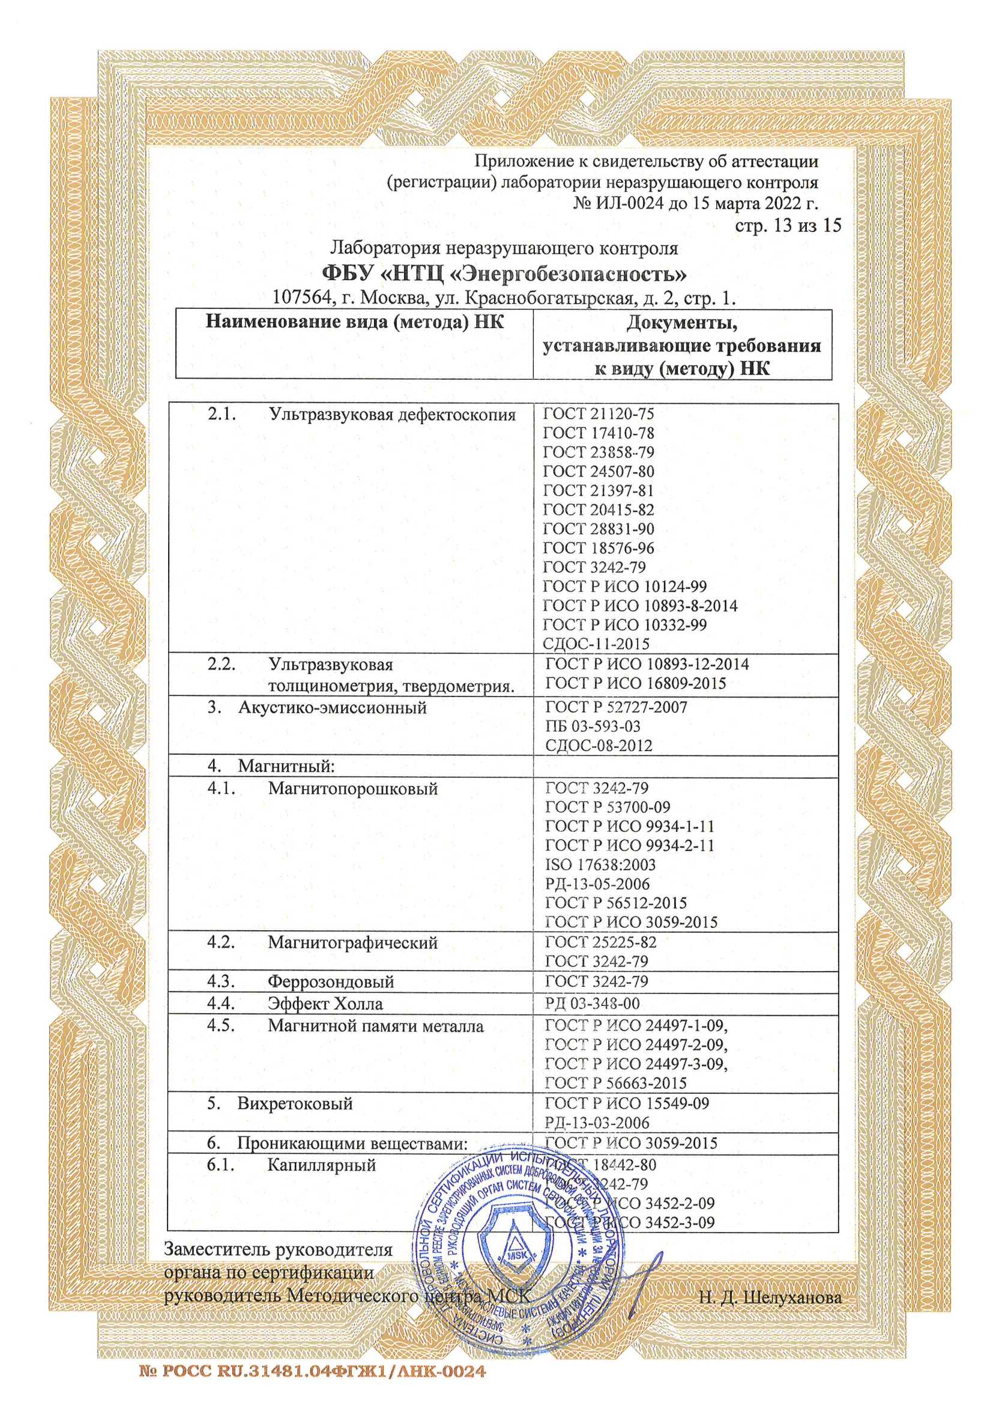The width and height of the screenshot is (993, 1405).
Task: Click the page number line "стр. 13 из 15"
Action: point(788,226)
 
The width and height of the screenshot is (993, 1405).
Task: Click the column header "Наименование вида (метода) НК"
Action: point(355,323)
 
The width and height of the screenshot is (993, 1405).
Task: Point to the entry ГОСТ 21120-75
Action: point(598,414)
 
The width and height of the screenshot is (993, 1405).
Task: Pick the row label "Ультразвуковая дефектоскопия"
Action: point(392,415)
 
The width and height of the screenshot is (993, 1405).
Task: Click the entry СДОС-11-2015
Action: point(596,644)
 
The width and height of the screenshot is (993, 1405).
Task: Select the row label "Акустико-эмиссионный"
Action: point(332,708)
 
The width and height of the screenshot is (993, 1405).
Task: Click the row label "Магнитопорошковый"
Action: point(352,789)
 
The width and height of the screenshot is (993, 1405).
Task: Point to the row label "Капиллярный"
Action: point(321,1166)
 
